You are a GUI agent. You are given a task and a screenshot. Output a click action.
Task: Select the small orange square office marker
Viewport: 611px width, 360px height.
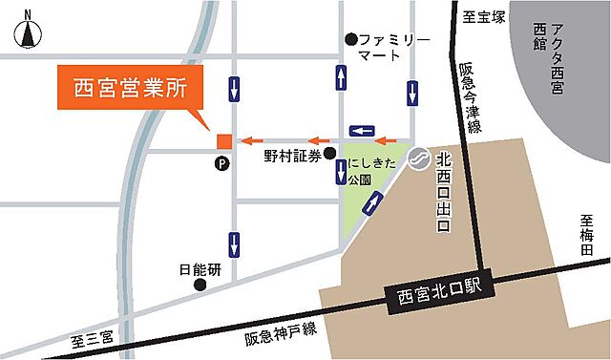223,141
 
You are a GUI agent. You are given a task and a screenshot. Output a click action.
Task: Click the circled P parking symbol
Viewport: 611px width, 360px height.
222,164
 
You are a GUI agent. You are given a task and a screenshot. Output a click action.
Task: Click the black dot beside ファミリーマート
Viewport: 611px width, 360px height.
351,39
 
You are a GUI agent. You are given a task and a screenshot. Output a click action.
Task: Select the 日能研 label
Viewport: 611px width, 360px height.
201,270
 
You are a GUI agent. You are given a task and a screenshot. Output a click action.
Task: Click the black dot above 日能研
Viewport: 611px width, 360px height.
200,285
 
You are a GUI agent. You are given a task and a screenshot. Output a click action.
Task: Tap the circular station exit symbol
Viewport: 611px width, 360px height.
418,160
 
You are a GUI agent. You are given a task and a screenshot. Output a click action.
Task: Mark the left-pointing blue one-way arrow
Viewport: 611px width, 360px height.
363,129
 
